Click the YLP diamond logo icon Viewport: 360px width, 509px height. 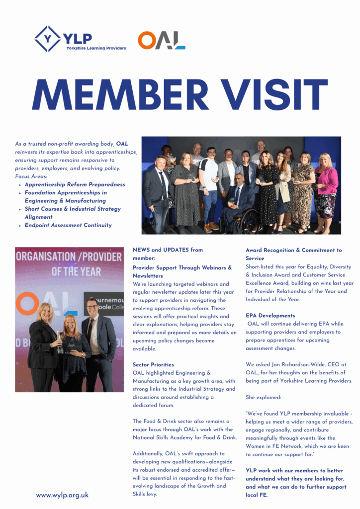click(x=47, y=39)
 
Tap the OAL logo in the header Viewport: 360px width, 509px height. click(x=162, y=40)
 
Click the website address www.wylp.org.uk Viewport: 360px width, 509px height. click(x=62, y=495)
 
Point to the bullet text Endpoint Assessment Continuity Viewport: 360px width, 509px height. click(x=68, y=225)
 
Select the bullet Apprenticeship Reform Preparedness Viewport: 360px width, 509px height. click(x=75, y=184)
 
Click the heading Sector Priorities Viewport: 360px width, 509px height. click(x=153, y=365)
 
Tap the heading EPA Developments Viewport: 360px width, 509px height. click(x=270, y=316)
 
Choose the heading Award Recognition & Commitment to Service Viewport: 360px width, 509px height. click(x=293, y=254)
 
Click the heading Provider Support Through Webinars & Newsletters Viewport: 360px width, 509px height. click(x=182, y=271)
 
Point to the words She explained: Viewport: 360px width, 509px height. click(x=264, y=398)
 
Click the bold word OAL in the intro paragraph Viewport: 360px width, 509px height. click(x=122, y=144)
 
